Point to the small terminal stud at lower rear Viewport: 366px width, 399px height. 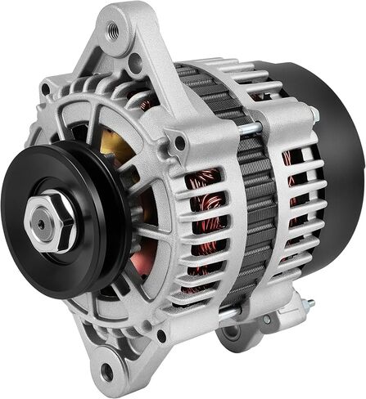tap(309, 303)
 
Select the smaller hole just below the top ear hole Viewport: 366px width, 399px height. tap(134, 61)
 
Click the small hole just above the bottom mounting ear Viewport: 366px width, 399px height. tap(160, 334)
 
